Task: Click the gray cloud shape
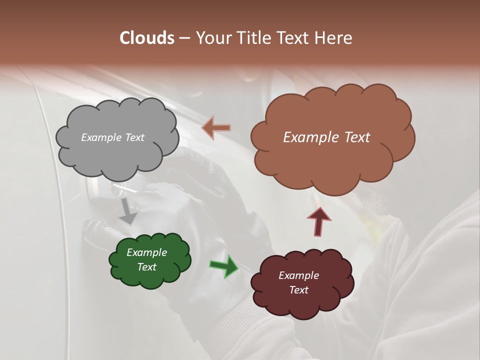tap(117, 150)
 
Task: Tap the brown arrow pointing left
tap(216, 128)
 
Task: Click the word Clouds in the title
tap(146, 38)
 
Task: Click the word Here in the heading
tap(333, 38)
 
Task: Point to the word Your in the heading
tap(212, 38)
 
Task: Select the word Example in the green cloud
tap(146, 252)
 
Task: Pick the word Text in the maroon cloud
tap(298, 290)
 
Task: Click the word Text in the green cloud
tap(146, 267)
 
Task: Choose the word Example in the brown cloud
tap(309, 137)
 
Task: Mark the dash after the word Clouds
tap(184, 38)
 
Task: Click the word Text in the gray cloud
tap(134, 137)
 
